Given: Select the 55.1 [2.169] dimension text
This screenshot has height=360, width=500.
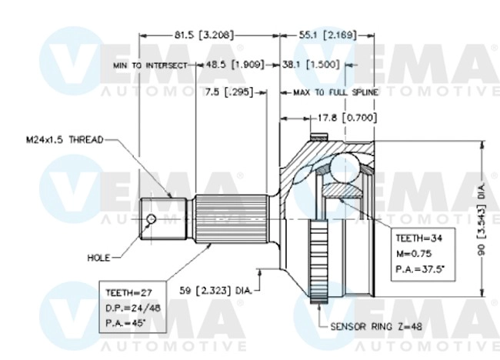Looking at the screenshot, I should (328, 35).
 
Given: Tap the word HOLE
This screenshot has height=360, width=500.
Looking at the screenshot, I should (100, 258).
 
